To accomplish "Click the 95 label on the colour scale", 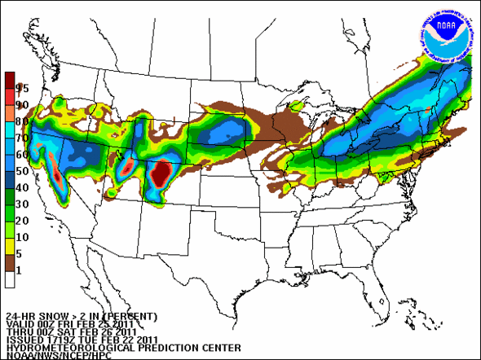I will pyautogui.click(x=22, y=88).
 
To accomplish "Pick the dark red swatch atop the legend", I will pyautogui.click(x=9, y=80).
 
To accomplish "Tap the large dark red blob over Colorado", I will pyautogui.click(x=161, y=173).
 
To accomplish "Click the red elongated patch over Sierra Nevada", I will pyautogui.click(x=56, y=168).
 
